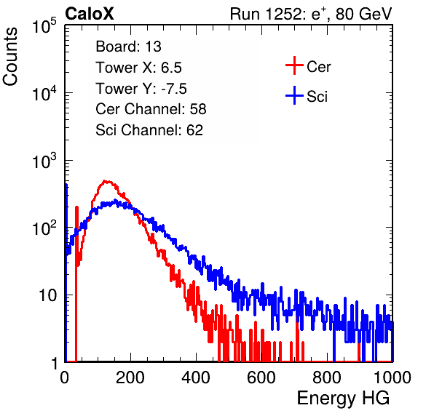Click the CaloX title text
coord(90,14)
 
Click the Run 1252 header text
coord(311,14)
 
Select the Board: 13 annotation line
coord(128,47)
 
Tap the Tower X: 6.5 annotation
coord(138,68)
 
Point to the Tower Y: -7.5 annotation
coord(141,89)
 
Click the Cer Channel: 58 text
coord(151,109)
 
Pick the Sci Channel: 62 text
coord(149,130)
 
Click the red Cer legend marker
coord(294,65)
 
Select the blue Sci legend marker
coord(294,96)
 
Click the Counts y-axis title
coord(10,57)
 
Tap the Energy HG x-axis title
coord(343,399)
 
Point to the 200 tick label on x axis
coord(130,377)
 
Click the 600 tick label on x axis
coord(261,377)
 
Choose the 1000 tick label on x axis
coord(392,377)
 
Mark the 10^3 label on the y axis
coord(44,161)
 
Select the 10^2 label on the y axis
coord(44,228)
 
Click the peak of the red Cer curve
coord(105,181)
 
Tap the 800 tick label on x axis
coord(327,377)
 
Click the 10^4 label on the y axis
coord(44,93)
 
